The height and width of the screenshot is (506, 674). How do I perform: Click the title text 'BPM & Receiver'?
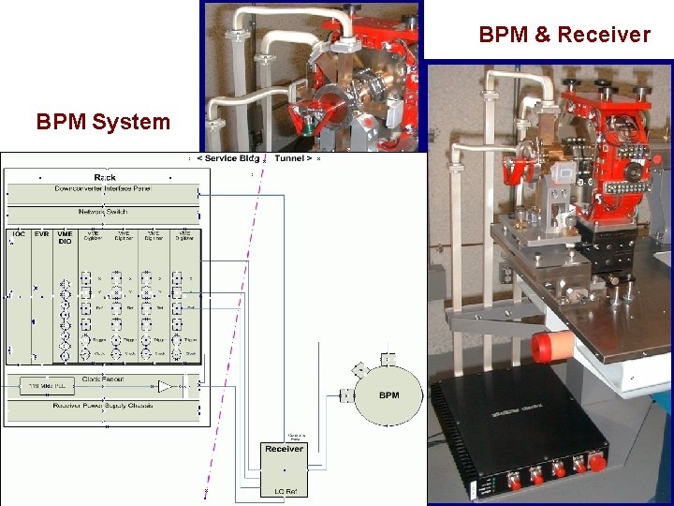564,36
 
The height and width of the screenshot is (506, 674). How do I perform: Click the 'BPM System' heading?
103,122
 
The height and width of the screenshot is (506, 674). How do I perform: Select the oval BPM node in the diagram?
388,394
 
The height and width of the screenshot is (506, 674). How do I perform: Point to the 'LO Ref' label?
284,489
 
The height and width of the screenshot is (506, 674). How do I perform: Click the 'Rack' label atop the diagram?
105,177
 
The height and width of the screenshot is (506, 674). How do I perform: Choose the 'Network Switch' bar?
104,212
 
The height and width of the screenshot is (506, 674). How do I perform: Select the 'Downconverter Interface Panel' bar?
104,189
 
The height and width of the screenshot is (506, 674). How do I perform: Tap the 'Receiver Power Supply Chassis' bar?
104,406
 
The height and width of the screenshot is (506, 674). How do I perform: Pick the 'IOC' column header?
19,233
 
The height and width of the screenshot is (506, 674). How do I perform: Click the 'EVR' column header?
41,233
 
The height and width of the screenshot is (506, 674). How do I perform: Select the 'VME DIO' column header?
64,237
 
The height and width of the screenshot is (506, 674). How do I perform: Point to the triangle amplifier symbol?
165,386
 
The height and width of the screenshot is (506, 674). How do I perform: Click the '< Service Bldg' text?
227,158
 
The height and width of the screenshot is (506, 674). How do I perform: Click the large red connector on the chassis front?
595,462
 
